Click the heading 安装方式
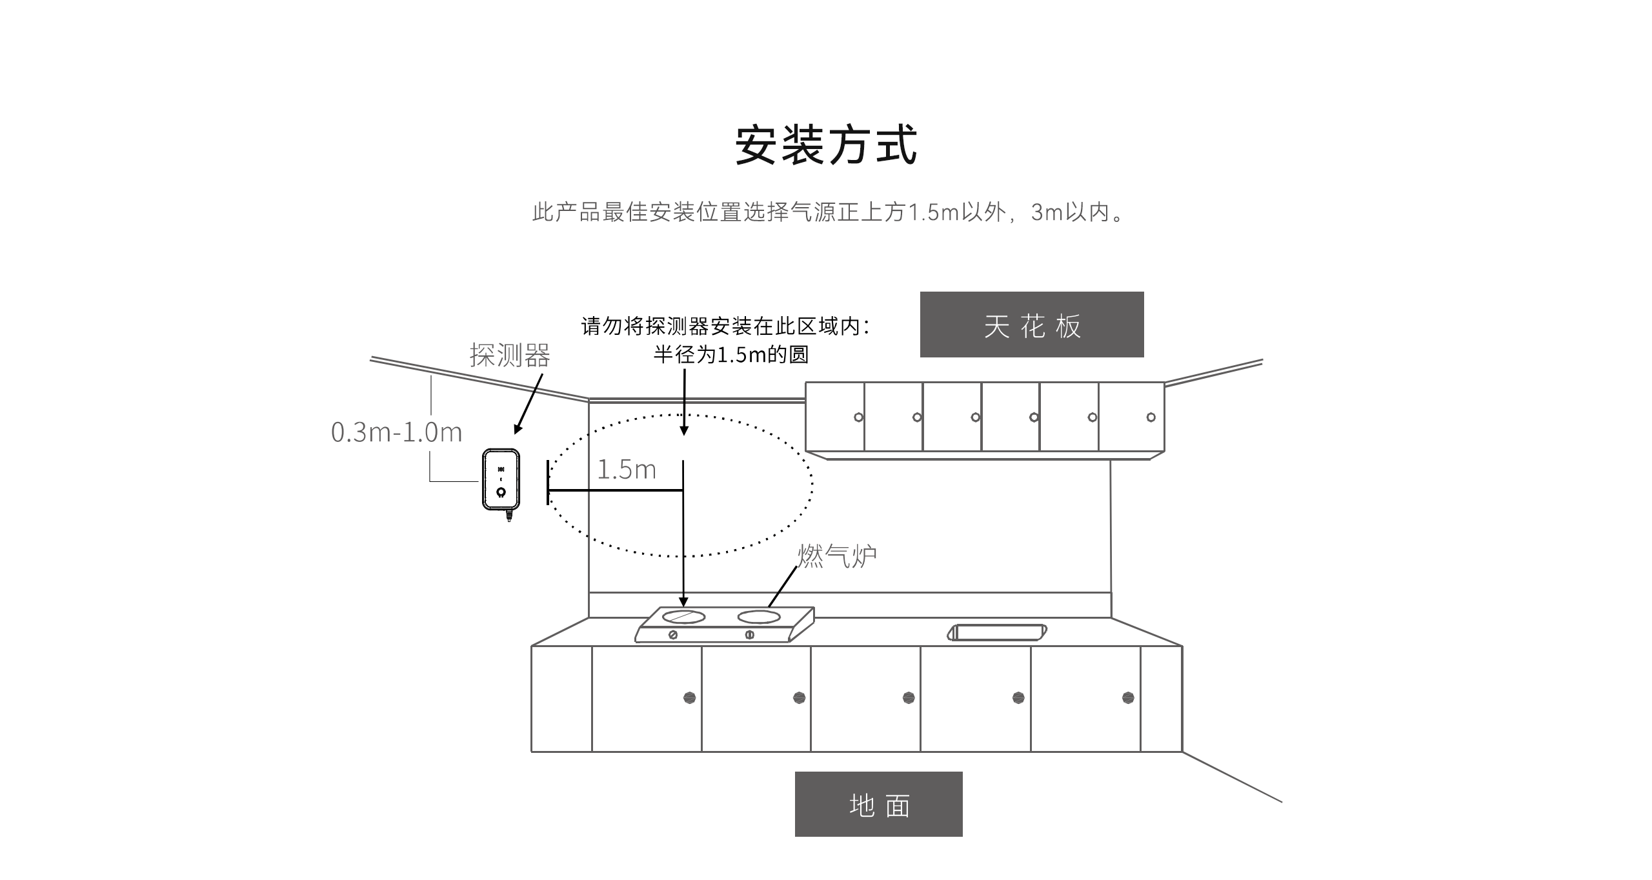826,145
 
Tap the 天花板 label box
1031,325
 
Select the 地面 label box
878,805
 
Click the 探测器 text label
510,355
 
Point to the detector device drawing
501,480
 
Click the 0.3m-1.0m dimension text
396,432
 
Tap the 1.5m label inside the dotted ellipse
626,470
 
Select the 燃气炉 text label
837,555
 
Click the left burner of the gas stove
683,617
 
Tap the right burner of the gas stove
759,617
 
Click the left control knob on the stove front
673,635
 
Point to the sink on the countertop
997,632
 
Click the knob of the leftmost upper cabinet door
858,417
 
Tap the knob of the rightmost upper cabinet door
1151,417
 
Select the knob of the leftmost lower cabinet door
689,697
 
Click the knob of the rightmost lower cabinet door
1128,697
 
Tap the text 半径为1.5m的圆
730,355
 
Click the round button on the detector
501,493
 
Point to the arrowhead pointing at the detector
518,429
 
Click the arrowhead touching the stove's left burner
683,602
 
